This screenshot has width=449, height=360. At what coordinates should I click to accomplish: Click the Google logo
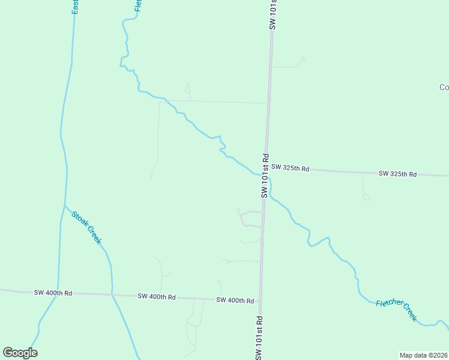click(20, 353)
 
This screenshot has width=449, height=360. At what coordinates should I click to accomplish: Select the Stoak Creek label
click(86, 227)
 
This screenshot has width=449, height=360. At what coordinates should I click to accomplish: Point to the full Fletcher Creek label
click(396, 310)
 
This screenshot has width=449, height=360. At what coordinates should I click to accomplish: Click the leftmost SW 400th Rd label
click(53, 293)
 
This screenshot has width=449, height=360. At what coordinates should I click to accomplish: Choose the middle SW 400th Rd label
click(156, 296)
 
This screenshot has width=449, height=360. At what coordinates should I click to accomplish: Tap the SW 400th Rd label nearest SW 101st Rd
click(235, 300)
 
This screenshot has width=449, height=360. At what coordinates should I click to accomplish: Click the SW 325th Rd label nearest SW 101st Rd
click(290, 169)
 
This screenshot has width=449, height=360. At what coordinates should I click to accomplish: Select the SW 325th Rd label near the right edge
click(397, 173)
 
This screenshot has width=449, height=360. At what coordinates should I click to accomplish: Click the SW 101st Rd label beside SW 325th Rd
click(264, 175)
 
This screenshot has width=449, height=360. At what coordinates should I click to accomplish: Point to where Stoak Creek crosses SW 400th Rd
click(112, 295)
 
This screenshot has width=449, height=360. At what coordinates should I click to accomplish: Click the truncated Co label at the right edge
click(444, 87)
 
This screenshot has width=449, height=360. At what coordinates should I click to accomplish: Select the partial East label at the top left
click(75, 7)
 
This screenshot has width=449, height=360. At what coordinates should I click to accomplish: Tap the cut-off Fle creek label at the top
click(137, 5)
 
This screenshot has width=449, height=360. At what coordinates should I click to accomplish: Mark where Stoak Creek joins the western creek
click(65, 206)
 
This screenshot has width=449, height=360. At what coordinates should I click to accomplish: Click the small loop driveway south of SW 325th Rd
click(366, 197)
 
